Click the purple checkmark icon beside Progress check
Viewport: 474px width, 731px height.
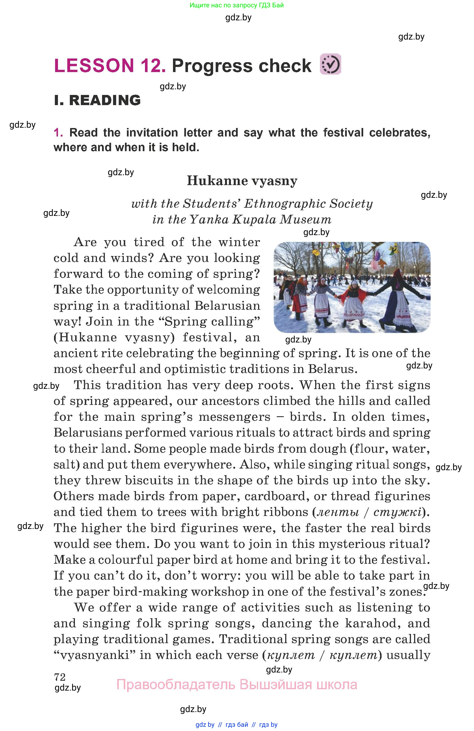[330, 64]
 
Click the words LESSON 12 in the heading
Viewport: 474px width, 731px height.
[109, 66]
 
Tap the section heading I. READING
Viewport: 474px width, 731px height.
[97, 100]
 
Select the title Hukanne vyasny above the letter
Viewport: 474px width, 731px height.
[242, 181]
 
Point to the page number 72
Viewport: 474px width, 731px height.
[60, 677]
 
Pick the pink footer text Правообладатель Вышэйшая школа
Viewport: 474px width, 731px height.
[237, 684]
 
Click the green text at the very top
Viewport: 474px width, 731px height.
[237, 5]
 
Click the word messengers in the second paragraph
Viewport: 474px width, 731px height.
[234, 417]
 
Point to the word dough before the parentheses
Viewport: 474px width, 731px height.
[328, 449]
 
